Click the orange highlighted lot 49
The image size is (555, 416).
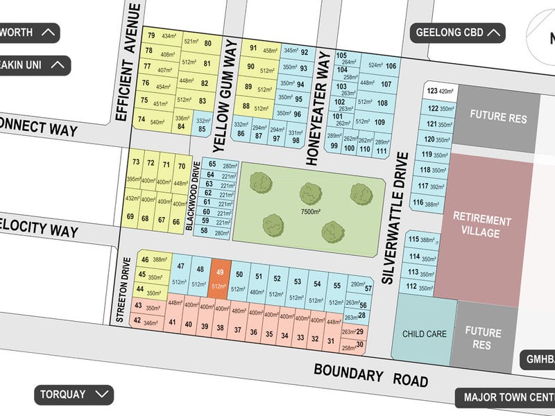220,279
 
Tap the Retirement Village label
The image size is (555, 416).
481,227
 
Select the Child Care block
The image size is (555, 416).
424,333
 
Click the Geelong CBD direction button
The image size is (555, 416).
459,32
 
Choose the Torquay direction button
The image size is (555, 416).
74,395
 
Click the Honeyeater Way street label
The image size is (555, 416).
316,107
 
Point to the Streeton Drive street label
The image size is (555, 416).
126,290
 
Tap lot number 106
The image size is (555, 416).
391,66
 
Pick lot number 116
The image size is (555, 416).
418,202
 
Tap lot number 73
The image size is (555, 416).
135,164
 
